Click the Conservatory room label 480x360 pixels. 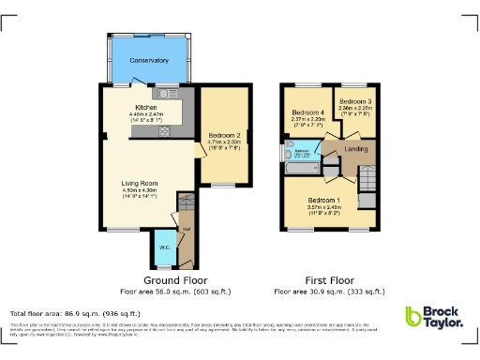(149, 60)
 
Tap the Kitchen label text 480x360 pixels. (145, 107)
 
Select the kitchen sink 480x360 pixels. (165, 94)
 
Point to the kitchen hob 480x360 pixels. (165, 131)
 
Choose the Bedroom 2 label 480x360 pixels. (224, 136)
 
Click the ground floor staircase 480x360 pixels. (184, 204)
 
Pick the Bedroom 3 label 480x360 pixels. (354, 100)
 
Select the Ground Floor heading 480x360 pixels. (175, 280)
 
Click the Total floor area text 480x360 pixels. (75, 313)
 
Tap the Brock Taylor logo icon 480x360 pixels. (413, 318)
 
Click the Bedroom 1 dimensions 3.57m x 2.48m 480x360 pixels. (323, 208)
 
